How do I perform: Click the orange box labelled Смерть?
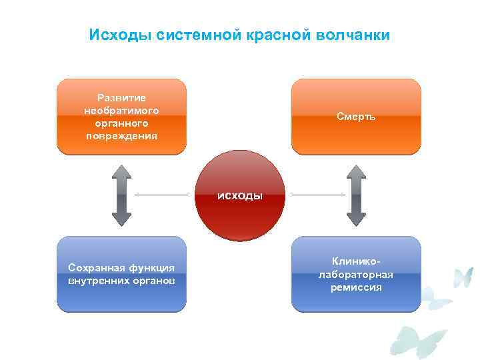[356, 117]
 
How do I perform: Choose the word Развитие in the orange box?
[121, 98]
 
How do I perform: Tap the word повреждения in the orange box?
[121, 136]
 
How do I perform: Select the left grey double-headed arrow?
[121, 195]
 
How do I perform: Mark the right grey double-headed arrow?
[356, 195]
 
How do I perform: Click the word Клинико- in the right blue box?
[356, 261]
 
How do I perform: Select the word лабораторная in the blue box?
[356, 274]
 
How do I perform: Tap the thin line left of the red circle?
[161, 195]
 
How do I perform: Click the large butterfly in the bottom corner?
[418, 341]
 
